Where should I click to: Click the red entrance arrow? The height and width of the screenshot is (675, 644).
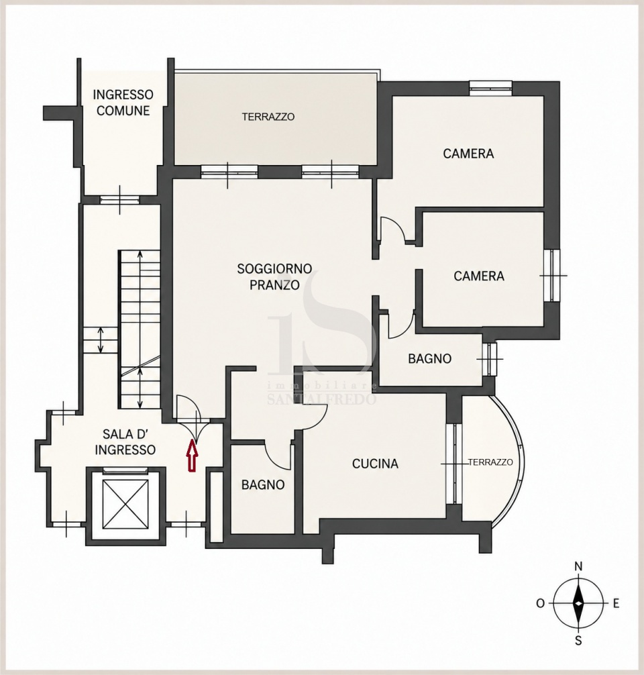(192, 456)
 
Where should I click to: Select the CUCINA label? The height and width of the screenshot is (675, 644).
(375, 464)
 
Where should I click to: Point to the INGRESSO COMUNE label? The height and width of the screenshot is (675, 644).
(123, 103)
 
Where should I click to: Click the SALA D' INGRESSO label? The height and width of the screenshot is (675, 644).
(125, 442)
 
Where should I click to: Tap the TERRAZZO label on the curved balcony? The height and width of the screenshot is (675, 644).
(490, 462)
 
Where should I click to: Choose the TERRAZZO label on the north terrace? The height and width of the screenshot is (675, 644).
(268, 117)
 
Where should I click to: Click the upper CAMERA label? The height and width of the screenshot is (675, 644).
(468, 154)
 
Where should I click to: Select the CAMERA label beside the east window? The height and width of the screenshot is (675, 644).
(479, 276)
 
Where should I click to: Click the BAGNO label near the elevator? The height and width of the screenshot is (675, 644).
(263, 484)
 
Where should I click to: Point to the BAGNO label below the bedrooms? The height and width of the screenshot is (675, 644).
(429, 358)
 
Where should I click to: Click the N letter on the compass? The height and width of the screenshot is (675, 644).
(579, 566)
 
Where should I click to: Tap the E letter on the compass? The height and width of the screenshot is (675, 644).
(616, 603)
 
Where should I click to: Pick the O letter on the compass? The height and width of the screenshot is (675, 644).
(541, 603)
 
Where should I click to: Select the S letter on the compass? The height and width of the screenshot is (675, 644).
(579, 641)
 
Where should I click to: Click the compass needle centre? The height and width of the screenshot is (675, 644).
(579, 603)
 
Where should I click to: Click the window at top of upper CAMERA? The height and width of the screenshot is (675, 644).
(491, 88)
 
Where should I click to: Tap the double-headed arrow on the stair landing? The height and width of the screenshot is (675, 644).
(101, 340)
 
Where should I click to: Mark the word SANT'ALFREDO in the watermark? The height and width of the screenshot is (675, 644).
(322, 399)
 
